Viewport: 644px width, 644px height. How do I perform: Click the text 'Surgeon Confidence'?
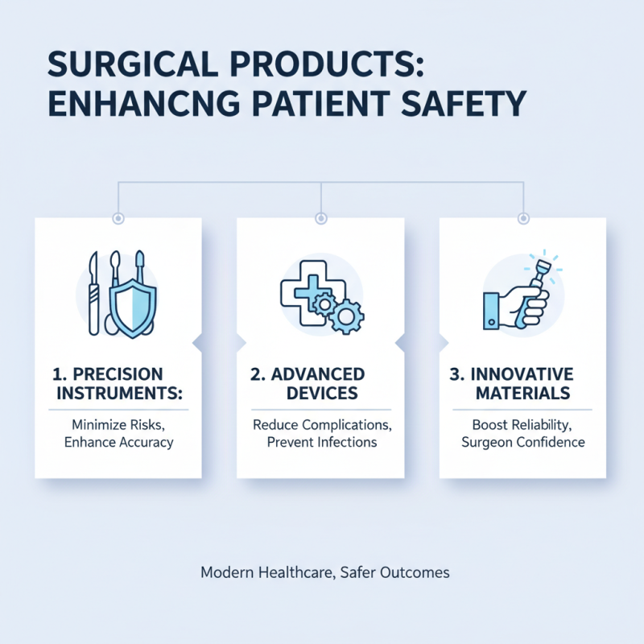click(522, 443)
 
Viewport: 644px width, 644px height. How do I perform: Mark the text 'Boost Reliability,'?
click(522, 425)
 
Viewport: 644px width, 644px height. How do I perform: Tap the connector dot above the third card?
click(523, 218)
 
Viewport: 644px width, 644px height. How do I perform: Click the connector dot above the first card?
click(119, 218)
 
